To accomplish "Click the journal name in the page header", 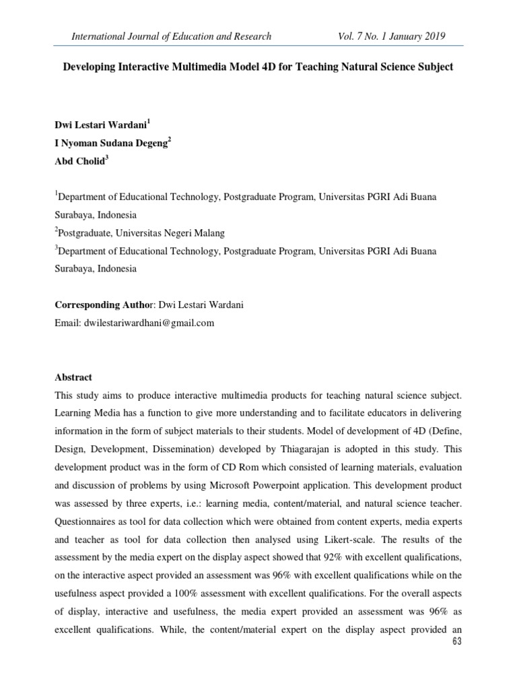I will pos(173,36).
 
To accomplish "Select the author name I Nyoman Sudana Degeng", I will pos(112,142).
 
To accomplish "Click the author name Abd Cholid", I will pos(78,160).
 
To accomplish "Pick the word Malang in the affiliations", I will pos(205,233).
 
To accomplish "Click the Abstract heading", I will pos(73,377).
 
